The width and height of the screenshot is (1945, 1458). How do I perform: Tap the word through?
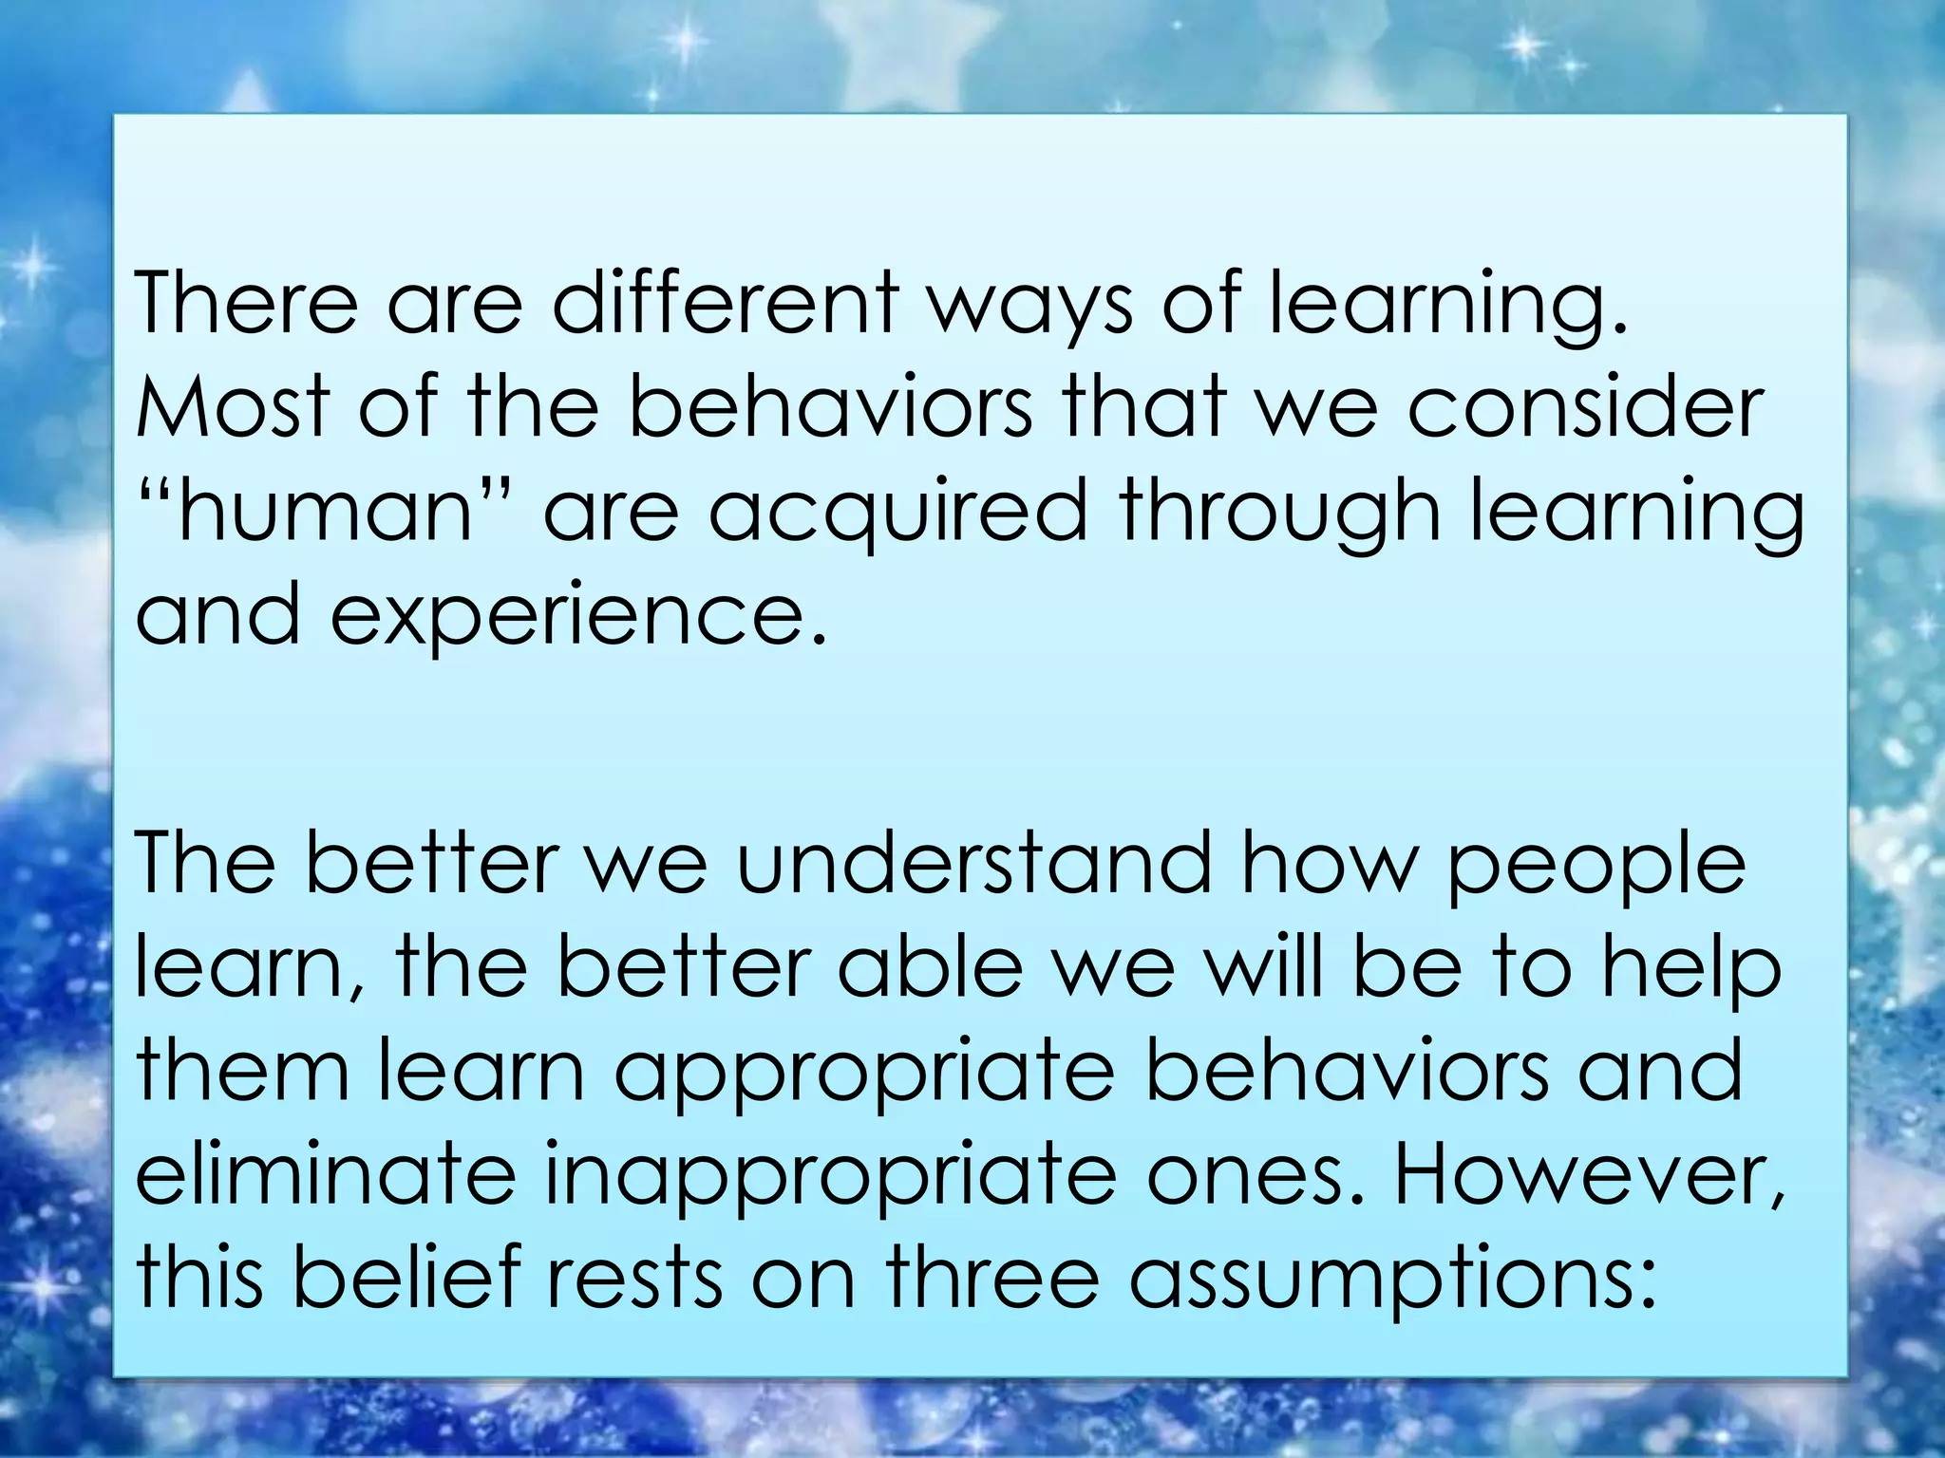(1278, 513)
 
